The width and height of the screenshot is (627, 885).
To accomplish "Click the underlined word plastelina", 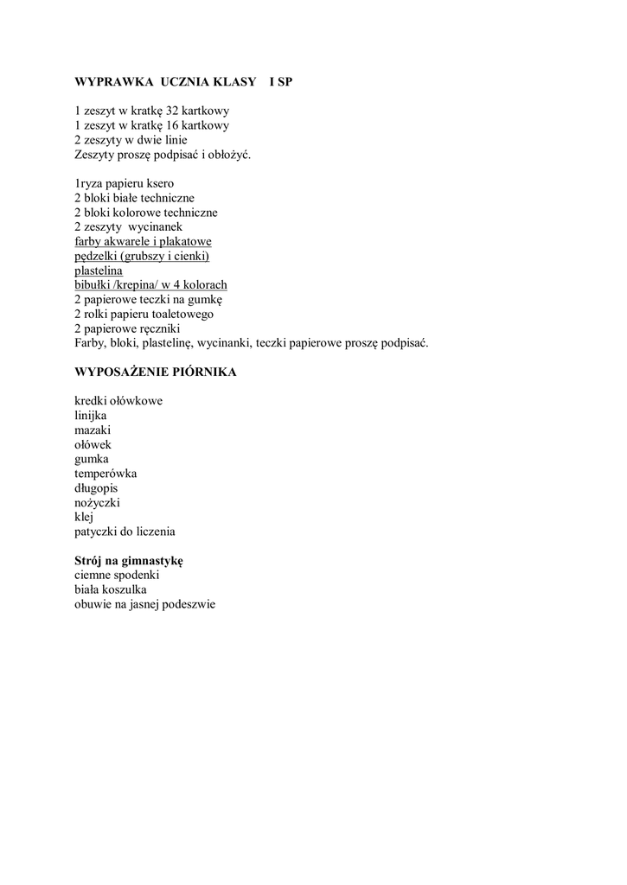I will tap(99, 271).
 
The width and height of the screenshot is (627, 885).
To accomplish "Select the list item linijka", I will tap(91, 416).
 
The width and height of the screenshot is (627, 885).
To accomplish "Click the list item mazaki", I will tap(93, 430).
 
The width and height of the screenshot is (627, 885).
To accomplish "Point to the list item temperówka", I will tap(106, 474).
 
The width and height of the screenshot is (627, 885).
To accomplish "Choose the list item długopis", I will tap(96, 488).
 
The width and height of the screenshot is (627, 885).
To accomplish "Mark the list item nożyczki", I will tap(97, 502).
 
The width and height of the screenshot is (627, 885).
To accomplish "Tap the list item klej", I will tap(84, 517).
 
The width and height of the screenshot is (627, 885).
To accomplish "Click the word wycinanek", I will tap(155, 226).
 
